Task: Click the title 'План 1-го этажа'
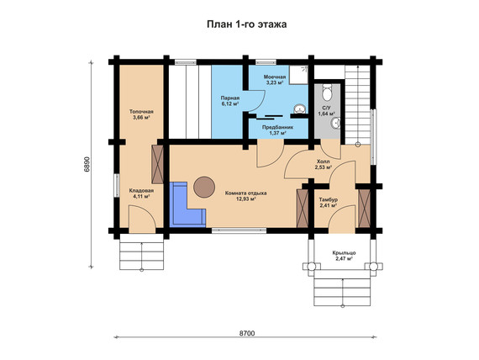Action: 246,24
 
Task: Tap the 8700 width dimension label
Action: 247,333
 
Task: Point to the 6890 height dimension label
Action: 87,165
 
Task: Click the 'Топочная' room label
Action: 141,112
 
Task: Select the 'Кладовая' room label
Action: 141,191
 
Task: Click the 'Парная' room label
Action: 230,98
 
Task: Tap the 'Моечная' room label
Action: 275,77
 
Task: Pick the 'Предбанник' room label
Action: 277,127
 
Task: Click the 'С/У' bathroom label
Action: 327,108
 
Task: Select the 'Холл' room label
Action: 324,161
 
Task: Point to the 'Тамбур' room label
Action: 329,199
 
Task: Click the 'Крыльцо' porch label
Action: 344,253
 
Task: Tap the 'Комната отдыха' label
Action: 246,193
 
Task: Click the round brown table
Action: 204,187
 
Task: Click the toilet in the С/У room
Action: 327,92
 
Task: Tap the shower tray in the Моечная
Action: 299,74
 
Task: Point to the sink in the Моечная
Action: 301,109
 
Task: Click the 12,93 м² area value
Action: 246,199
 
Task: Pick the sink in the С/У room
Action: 335,123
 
